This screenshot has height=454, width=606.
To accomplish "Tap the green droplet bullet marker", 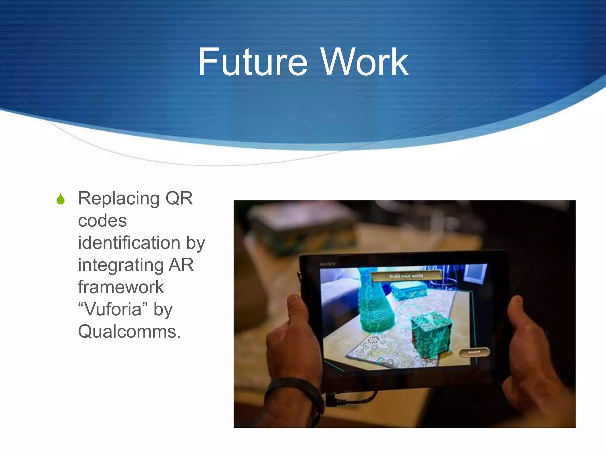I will pos(61,199).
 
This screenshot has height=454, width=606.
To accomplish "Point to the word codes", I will pos(102,220).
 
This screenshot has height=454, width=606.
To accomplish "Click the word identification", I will pos(129,243).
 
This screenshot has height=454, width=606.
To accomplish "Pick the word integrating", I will pos(120,265).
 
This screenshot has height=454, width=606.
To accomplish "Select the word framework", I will pos(121,287).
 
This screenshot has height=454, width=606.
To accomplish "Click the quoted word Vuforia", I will pos(113,309).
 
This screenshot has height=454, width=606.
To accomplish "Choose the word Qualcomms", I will pos(129,332).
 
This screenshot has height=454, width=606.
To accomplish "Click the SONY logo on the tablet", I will pos(328,264).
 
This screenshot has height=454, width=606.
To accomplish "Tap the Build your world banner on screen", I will pos(406,276).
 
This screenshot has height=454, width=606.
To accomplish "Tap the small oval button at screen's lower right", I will pos(474,352).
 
